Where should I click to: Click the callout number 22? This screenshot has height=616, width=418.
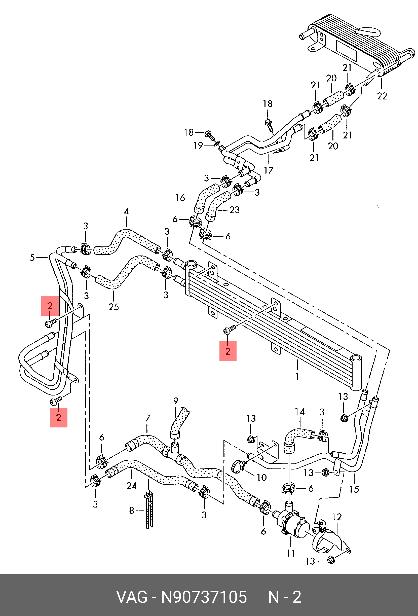tap(382, 96)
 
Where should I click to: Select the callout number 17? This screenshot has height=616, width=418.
tap(269, 170)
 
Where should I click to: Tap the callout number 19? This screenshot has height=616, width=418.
tap(198, 146)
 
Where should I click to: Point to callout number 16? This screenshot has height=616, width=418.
tap(180, 198)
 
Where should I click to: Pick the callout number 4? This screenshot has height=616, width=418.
tap(126, 211)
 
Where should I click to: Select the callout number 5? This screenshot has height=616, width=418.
tap(32, 257)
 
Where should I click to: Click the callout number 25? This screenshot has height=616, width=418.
tap(114, 307)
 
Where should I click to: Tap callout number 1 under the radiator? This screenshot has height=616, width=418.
tap(297, 376)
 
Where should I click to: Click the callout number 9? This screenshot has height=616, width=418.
tap(176, 401)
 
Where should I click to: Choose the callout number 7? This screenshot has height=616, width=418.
tap(148, 418)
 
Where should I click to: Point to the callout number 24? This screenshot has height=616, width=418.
tap(131, 486)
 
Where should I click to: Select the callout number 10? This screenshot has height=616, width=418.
tap(262, 478)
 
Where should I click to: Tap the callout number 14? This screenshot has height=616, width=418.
tap(300, 412)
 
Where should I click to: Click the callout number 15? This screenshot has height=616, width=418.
tap(354, 489)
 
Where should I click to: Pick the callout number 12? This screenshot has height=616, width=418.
tap(337, 517)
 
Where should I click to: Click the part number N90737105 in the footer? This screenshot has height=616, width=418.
tap(204, 597)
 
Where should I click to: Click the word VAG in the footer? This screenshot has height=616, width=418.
tap(132, 597)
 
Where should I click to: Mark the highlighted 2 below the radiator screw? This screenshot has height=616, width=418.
tap(228, 351)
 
